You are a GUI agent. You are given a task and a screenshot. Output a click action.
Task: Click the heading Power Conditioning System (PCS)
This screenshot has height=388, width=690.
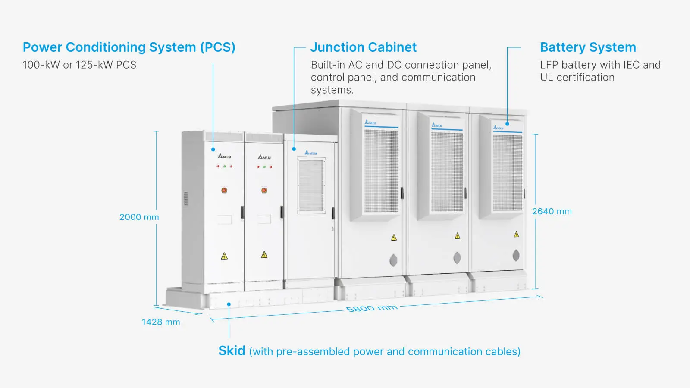click(x=129, y=47)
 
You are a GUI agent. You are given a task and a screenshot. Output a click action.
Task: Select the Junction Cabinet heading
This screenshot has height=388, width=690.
click(x=364, y=47)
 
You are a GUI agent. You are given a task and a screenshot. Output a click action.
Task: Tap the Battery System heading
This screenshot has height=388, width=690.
click(x=588, y=47)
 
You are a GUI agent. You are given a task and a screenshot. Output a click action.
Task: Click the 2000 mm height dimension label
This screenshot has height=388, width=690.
click(x=139, y=217)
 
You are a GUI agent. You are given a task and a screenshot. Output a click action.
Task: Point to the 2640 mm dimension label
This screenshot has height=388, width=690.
click(x=552, y=212)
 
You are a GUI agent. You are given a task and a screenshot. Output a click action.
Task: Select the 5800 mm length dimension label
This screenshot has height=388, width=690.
click(x=371, y=308)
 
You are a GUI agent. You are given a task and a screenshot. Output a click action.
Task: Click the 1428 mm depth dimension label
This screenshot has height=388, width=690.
click(x=161, y=322)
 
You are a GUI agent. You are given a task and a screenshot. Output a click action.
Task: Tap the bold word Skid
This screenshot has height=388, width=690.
click(x=232, y=350)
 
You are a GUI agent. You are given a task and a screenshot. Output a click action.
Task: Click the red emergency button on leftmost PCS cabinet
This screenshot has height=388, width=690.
click(x=224, y=190)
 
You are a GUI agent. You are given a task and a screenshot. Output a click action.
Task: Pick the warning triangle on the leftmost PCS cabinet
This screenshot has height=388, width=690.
click(x=224, y=256)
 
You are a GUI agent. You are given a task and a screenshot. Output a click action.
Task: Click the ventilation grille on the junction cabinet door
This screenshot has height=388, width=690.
click(x=311, y=186)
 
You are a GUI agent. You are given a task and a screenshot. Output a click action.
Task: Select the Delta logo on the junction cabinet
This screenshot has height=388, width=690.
click(x=311, y=153)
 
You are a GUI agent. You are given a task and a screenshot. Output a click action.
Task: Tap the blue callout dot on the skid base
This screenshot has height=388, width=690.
click(x=229, y=304)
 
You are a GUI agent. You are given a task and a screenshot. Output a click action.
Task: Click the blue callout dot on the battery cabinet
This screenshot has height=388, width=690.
click(x=507, y=124)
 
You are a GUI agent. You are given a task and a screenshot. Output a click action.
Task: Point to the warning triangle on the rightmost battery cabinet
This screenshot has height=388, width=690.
click(x=516, y=235)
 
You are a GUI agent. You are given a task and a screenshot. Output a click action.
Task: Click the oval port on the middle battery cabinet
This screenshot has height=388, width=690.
click(x=457, y=258)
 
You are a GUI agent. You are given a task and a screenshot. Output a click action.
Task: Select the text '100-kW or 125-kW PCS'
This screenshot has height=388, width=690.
click(x=79, y=65)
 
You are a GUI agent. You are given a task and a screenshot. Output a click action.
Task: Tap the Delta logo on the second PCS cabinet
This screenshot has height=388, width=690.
click(x=264, y=157)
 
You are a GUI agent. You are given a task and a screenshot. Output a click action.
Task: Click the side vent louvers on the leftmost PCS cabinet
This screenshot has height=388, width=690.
click(x=186, y=199)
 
